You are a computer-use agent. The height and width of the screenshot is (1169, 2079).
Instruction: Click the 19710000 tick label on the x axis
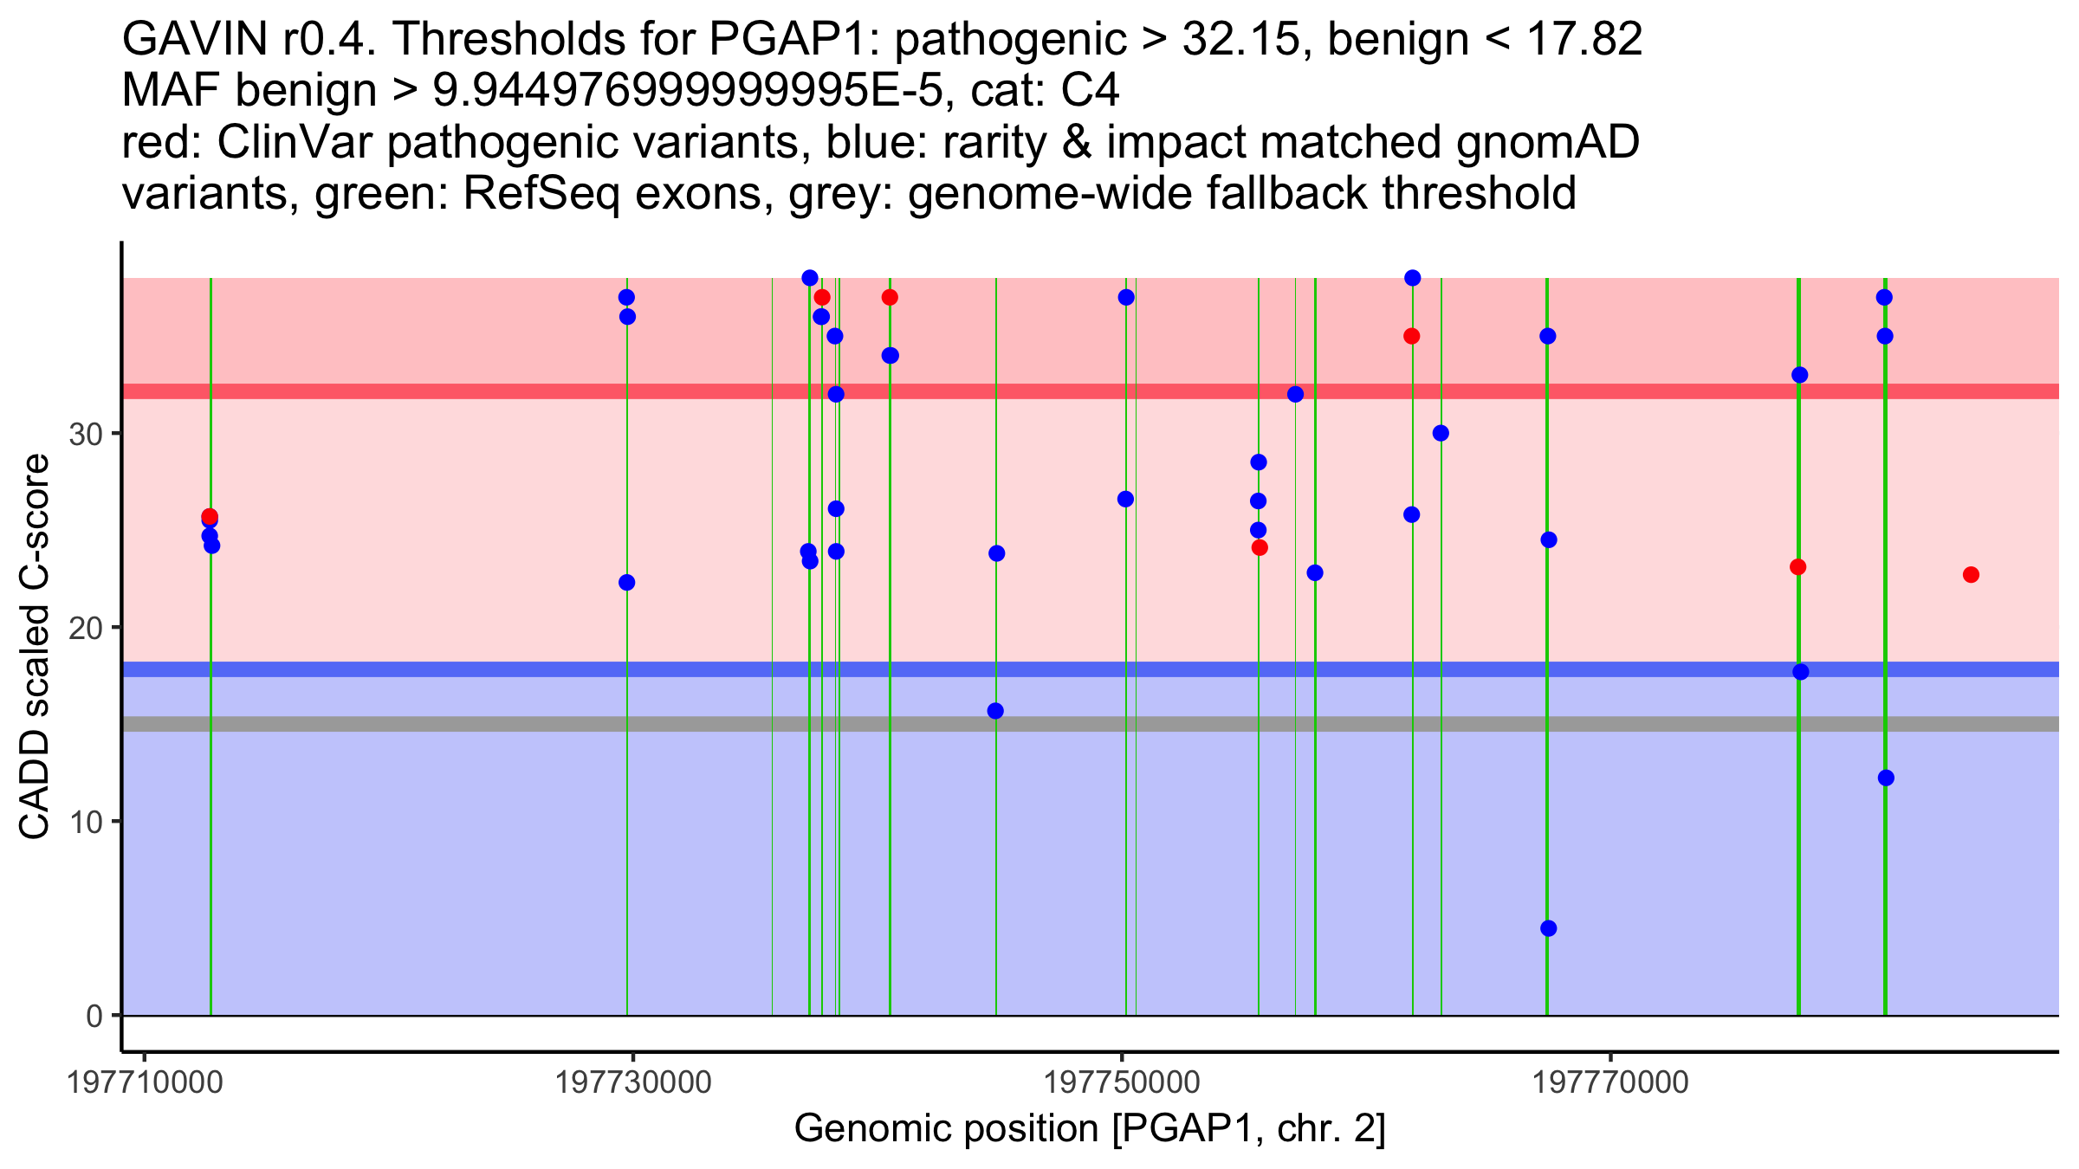pyautogui.click(x=146, y=1082)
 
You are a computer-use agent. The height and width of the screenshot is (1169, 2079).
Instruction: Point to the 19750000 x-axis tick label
pyautogui.click(x=1123, y=1082)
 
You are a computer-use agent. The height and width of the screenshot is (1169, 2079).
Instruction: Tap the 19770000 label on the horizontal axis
pyautogui.click(x=1610, y=1082)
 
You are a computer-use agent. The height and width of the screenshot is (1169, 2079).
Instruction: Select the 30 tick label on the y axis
pyautogui.click(x=86, y=434)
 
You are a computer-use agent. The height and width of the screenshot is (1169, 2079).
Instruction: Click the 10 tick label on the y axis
pyautogui.click(x=86, y=822)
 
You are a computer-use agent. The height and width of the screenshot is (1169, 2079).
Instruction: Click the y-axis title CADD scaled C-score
pyautogui.click(x=35, y=647)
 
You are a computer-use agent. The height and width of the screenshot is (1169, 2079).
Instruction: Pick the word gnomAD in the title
pyautogui.click(x=1547, y=142)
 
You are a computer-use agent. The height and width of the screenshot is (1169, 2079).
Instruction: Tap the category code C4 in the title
pyautogui.click(x=1090, y=90)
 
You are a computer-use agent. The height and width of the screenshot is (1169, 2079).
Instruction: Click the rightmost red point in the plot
pyautogui.click(x=1971, y=575)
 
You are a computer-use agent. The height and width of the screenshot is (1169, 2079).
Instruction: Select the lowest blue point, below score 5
pyautogui.click(x=1549, y=928)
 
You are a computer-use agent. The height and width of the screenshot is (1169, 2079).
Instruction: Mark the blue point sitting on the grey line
pyautogui.click(x=995, y=711)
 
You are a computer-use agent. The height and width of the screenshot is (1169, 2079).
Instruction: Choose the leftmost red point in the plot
pyautogui.click(x=210, y=516)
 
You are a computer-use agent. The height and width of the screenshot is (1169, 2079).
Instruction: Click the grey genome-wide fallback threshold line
pyautogui.click(x=520, y=724)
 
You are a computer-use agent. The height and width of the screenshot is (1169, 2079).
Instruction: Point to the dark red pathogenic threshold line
pyautogui.click(x=520, y=391)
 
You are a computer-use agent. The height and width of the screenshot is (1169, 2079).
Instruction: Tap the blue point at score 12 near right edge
pyautogui.click(x=1886, y=778)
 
